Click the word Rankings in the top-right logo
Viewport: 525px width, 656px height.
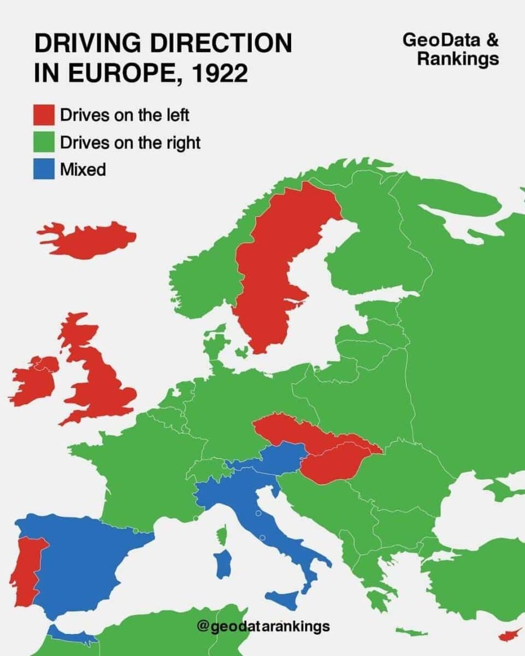[x=458, y=58]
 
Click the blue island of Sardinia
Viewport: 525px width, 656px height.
[x=222, y=564]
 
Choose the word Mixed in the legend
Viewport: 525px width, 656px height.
[x=83, y=169]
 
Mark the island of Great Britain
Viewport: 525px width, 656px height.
[x=104, y=383]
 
